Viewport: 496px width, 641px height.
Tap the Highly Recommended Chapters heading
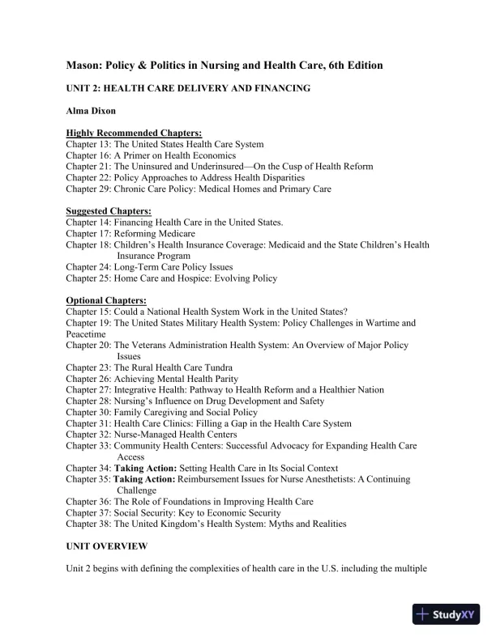coord(134,133)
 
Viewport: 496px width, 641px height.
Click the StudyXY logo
coord(447,613)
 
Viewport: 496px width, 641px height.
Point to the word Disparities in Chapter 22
coord(278,177)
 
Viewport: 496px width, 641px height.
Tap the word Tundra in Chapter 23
coord(200,367)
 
